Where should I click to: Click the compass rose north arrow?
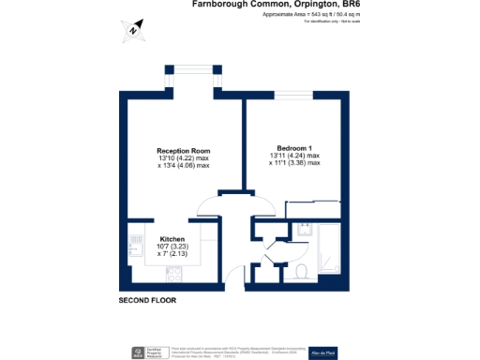[135, 29]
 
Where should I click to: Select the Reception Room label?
[183, 151]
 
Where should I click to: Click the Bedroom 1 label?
[293, 148]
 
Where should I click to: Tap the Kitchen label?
[172, 238]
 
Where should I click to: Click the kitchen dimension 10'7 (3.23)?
[172, 246]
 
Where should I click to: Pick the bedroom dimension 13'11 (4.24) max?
[293, 156]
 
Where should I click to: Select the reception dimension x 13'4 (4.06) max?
[183, 166]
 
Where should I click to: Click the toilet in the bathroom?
[300, 271]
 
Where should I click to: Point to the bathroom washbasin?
[303, 230]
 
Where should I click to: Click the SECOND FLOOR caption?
[147, 301]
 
